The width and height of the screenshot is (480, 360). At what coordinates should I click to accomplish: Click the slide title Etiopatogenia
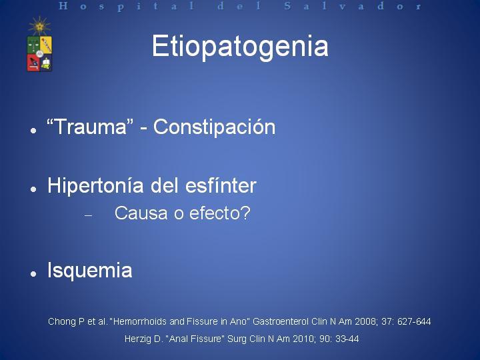(x=240, y=47)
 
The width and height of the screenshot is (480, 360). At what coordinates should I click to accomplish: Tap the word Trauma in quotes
(x=90, y=127)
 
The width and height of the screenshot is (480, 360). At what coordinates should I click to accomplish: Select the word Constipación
(x=214, y=127)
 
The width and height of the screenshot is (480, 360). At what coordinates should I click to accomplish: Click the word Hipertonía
(x=95, y=186)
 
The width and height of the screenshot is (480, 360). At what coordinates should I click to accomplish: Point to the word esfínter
(x=221, y=185)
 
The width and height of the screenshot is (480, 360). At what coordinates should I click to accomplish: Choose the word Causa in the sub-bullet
(x=141, y=213)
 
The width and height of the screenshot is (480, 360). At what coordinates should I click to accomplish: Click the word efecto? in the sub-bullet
(x=220, y=213)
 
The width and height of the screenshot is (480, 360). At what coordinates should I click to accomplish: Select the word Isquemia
(x=90, y=270)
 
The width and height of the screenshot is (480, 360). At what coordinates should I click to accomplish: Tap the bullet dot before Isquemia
(x=33, y=273)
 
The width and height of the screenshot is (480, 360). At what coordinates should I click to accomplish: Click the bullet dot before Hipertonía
(x=33, y=189)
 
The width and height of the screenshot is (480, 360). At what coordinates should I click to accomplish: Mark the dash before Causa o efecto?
(x=88, y=215)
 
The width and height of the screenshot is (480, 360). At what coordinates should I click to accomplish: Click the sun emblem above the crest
(x=39, y=26)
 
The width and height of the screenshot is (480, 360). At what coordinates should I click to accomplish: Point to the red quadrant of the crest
(x=33, y=62)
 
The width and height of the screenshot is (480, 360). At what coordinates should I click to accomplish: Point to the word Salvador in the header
(x=353, y=6)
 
